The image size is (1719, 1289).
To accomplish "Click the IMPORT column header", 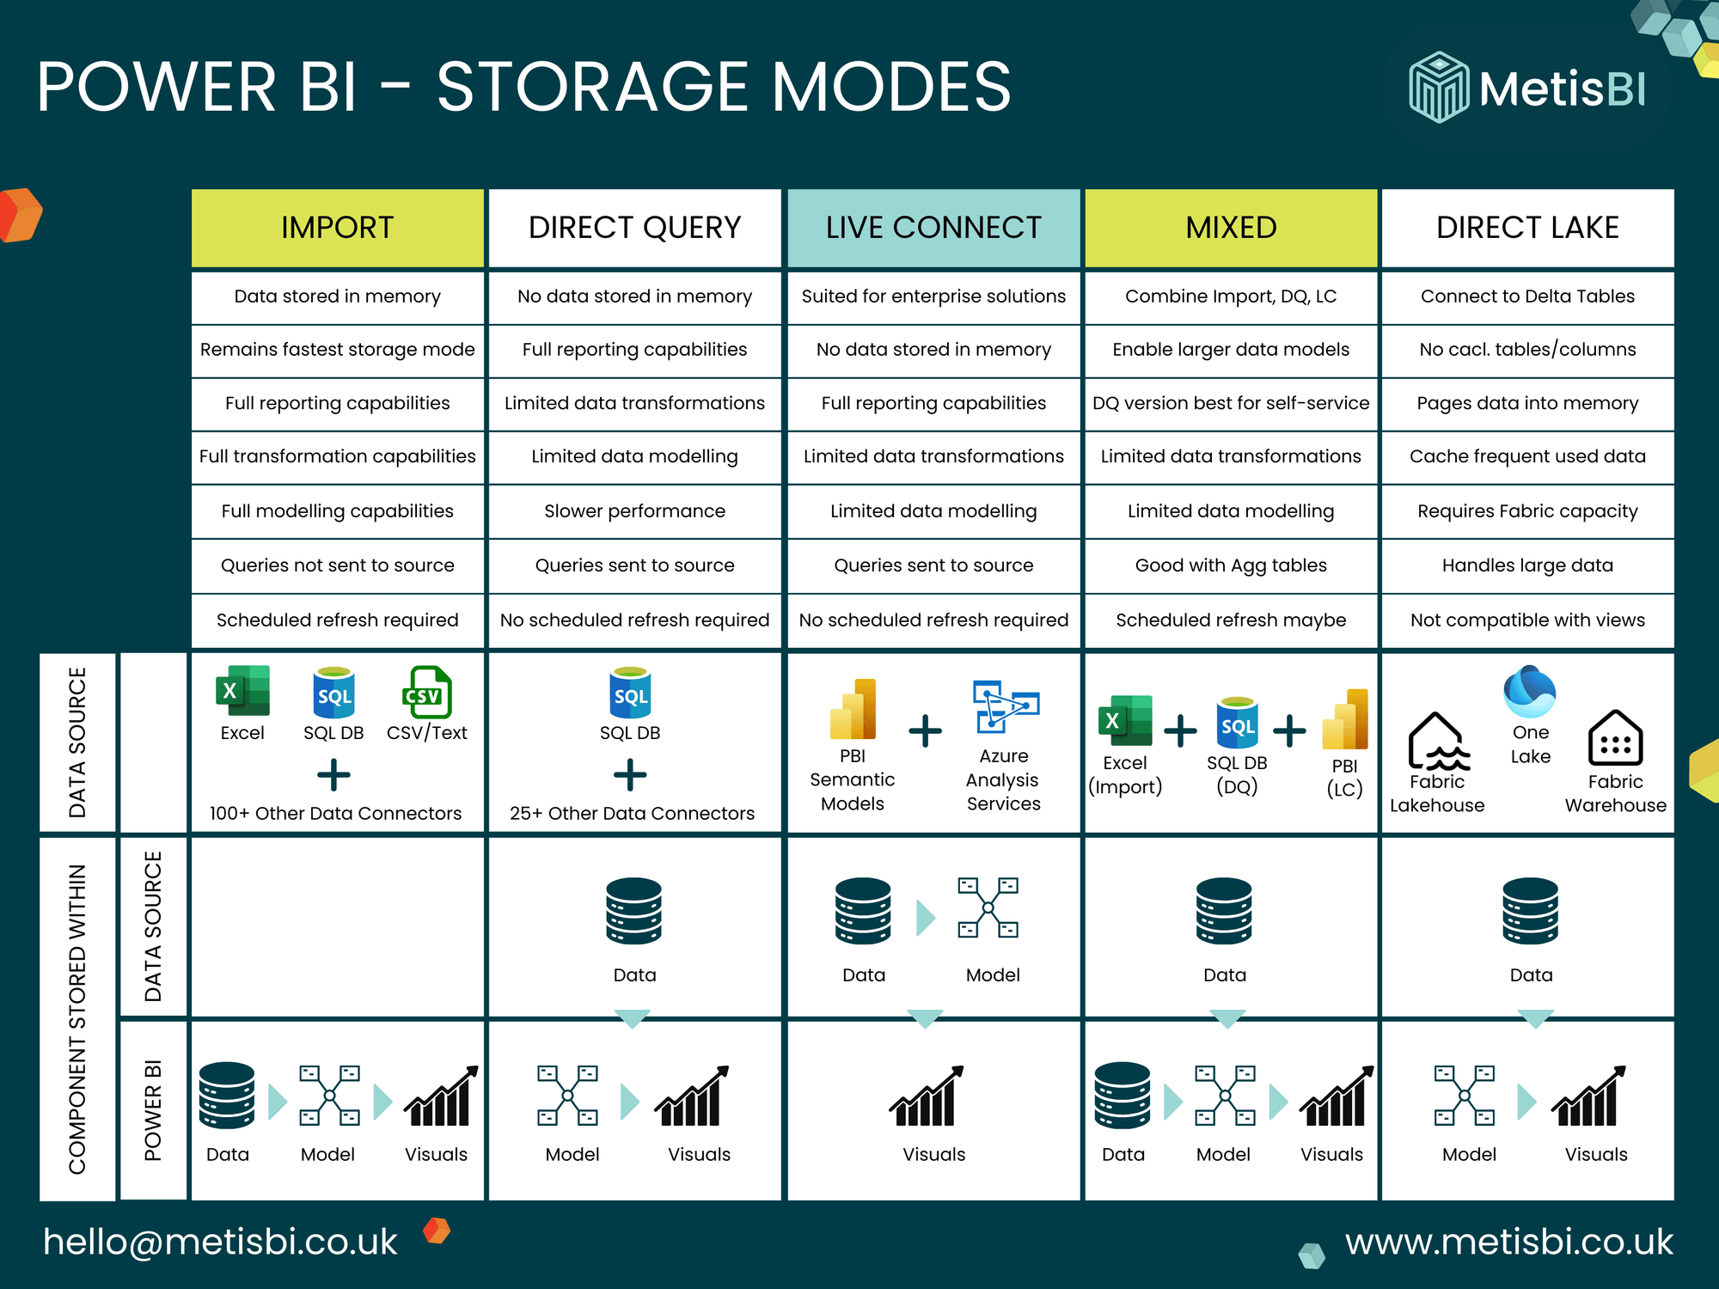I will [337, 228].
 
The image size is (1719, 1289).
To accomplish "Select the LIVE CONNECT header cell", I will [933, 228].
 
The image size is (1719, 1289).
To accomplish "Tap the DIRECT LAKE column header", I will [1527, 228].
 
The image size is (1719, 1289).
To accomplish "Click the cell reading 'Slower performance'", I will [634, 511].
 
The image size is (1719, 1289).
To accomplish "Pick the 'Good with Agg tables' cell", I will [1231, 565].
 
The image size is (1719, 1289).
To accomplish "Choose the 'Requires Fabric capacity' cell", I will [1527, 511].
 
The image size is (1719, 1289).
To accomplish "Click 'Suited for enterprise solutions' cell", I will [933, 296].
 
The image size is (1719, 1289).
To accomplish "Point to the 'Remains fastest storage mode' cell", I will [337, 350].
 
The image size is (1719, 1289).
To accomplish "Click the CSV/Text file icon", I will [427, 693].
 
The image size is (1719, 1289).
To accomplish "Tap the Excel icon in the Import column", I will [242, 691].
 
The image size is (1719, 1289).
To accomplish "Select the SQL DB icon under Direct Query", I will [630, 693].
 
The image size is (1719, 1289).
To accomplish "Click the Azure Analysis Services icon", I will [1004, 706].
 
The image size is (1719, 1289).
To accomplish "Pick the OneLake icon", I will [1529, 692].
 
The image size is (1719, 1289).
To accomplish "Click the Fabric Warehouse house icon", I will [1615, 738].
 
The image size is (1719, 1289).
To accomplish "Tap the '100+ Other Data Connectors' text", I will [335, 813].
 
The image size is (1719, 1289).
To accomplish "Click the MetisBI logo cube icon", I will [1439, 88].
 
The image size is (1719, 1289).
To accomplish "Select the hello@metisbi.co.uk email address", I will [220, 1242].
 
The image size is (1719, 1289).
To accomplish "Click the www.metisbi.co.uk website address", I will [1508, 1242].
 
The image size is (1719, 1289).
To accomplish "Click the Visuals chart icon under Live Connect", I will [927, 1097].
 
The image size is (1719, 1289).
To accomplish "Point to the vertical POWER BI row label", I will [153, 1110].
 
